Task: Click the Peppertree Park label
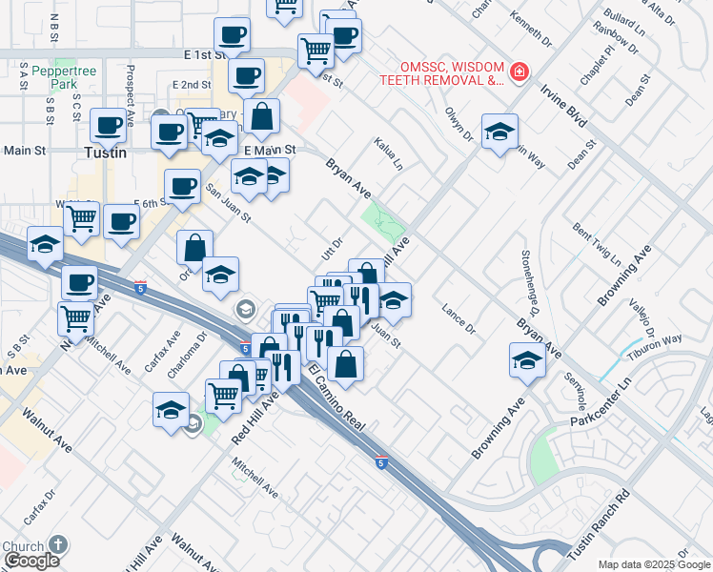[x=53, y=77]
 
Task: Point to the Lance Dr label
[x=458, y=320]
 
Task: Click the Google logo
[x=31, y=561]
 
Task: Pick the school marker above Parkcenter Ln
[x=526, y=360]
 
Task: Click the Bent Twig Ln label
[x=597, y=245]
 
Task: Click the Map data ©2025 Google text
[x=653, y=564]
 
